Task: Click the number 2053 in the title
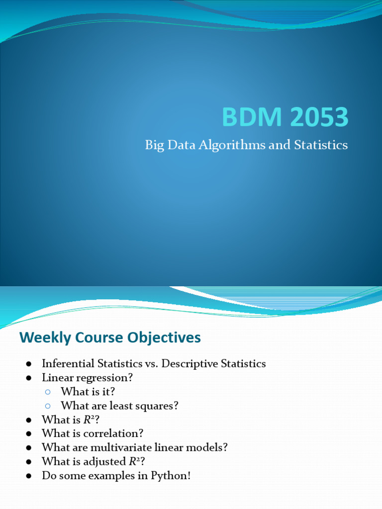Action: [x=320, y=118]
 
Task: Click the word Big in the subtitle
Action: [x=154, y=145]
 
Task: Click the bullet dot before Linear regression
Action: [x=29, y=378]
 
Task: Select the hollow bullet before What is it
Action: [x=48, y=392]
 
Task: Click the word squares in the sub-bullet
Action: [x=156, y=406]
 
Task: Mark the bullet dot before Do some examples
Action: [x=29, y=476]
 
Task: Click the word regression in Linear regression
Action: [x=104, y=378]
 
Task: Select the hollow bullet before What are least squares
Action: [x=48, y=406]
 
